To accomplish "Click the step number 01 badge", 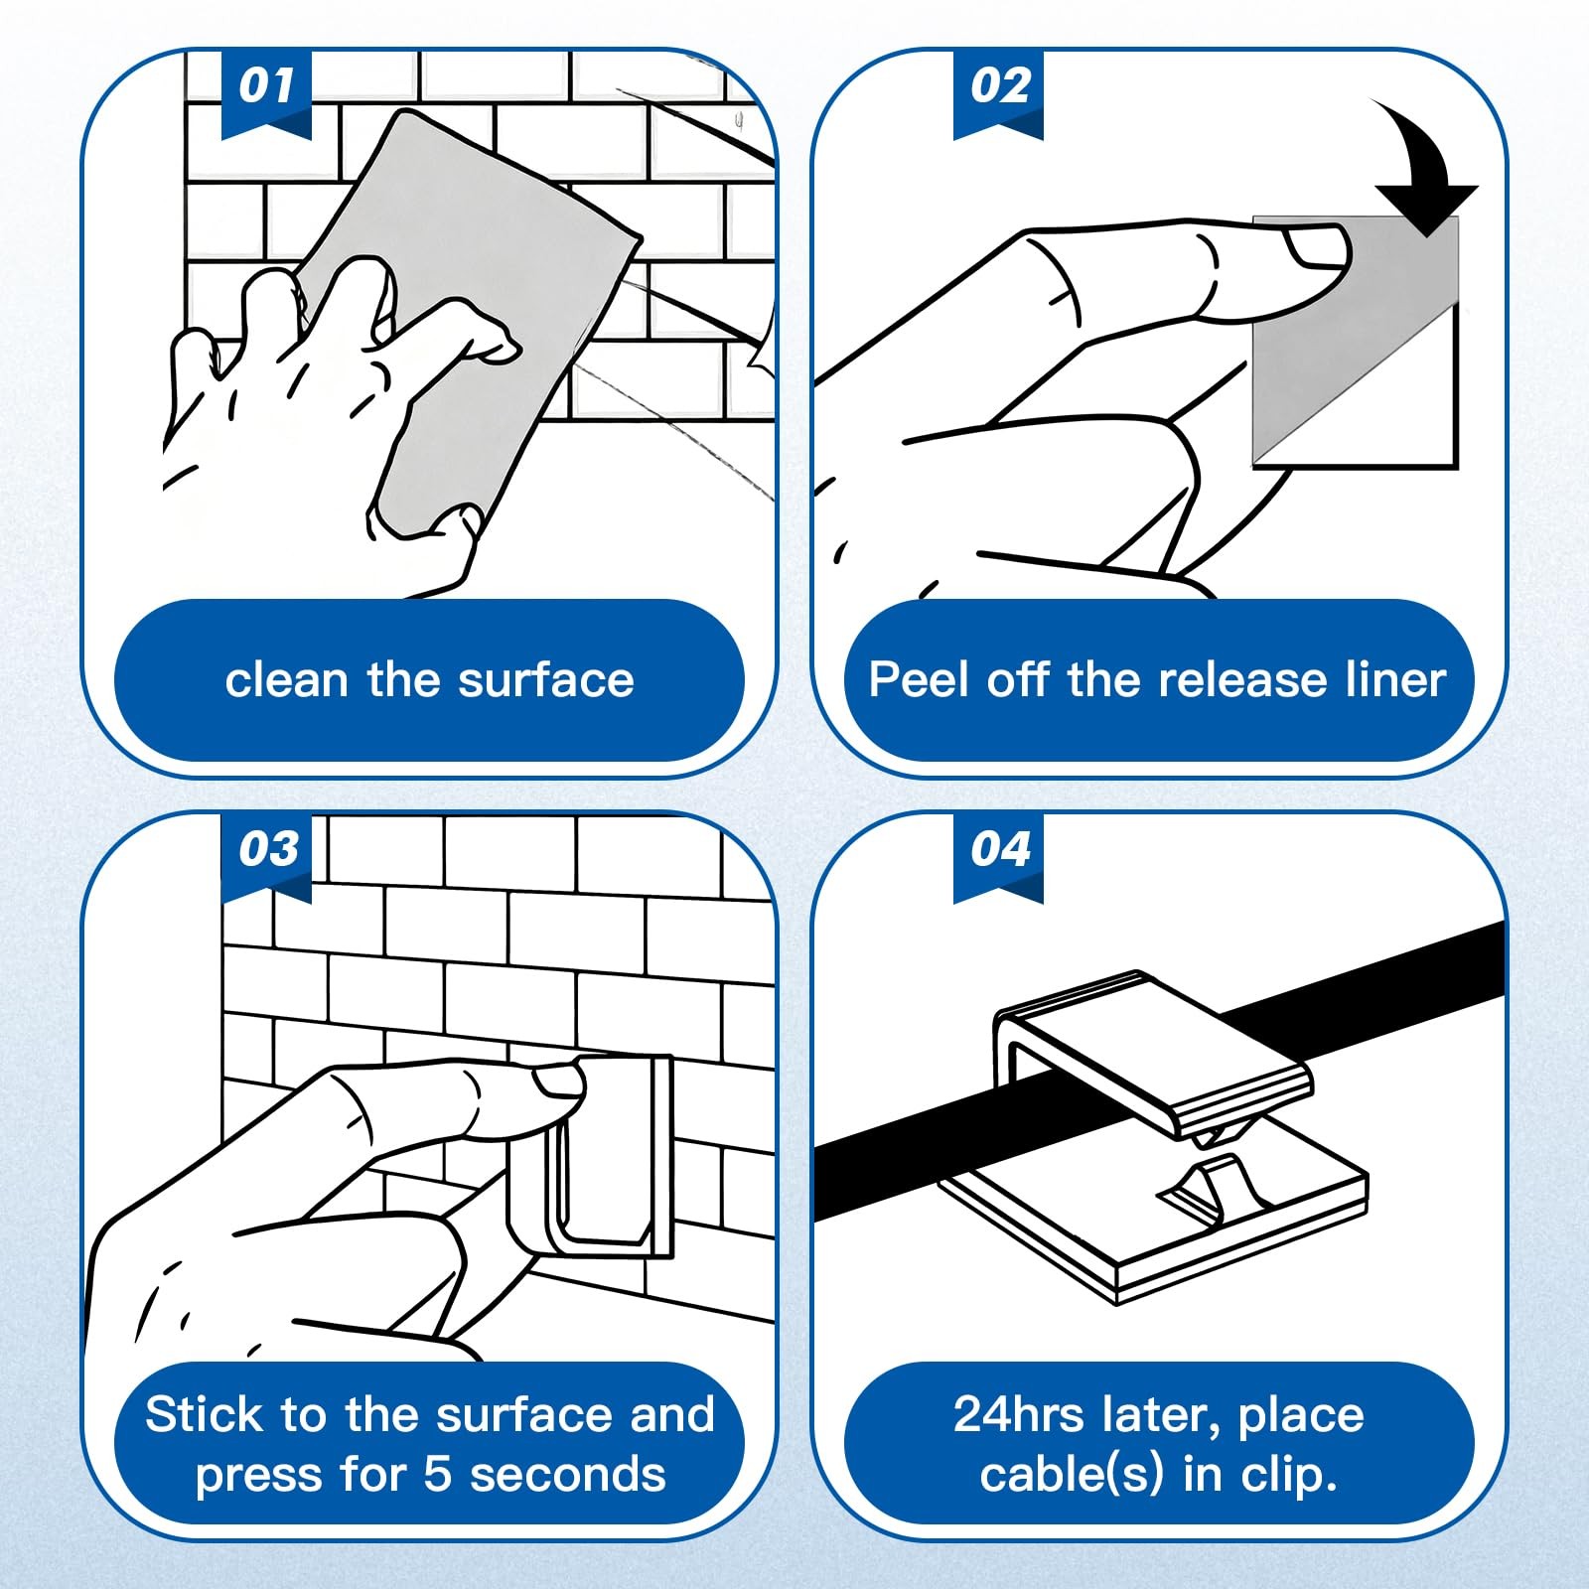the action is coord(266,91).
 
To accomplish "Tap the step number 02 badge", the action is coord(998,91).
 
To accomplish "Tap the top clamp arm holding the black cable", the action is coord(1152,1053).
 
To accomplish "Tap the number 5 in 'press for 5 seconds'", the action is coord(438,1475).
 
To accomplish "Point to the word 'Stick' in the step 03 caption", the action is coord(206,1414).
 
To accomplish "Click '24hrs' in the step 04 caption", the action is coord(1018,1414).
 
